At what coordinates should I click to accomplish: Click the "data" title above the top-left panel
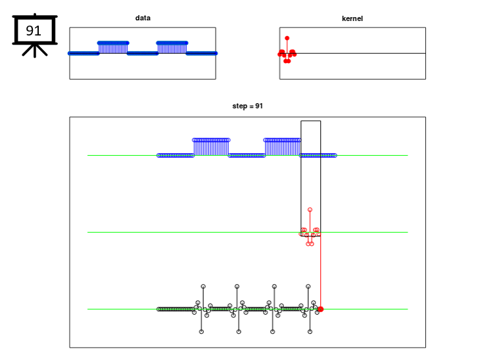click(143, 18)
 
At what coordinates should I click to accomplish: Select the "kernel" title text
click(352, 19)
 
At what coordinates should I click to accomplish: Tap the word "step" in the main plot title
click(239, 106)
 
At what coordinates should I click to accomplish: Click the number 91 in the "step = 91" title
click(259, 106)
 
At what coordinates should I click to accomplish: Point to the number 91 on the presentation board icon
click(34, 30)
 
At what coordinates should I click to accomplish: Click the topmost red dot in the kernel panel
click(287, 38)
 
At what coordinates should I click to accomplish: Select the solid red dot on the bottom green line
click(320, 309)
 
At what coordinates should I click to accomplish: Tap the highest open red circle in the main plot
click(310, 210)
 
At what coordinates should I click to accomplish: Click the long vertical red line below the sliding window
click(320, 271)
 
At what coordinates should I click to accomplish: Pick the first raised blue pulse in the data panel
click(113, 48)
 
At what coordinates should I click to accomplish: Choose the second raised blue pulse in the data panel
click(172, 48)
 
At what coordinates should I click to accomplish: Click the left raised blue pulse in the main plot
click(211, 147)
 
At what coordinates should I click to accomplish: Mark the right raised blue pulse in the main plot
click(282, 147)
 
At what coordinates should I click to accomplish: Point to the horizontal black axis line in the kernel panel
click(352, 53)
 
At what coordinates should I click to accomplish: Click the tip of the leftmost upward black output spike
click(203, 286)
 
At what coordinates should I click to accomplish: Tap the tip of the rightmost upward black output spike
click(308, 286)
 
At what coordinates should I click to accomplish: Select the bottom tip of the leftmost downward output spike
click(201, 332)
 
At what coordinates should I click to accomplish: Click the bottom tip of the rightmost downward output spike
click(310, 332)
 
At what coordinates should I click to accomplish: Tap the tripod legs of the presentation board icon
click(35, 50)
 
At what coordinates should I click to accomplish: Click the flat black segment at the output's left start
click(176, 309)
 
